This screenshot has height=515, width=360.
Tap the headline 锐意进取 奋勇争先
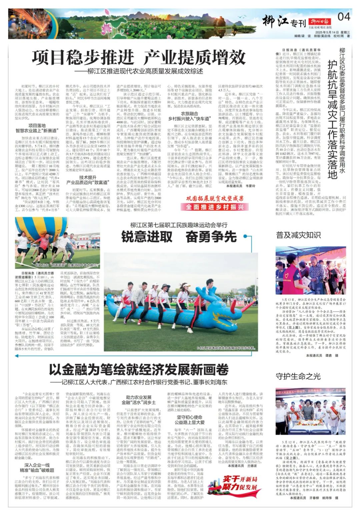(179, 236)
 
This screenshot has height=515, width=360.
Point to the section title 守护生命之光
(298, 376)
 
